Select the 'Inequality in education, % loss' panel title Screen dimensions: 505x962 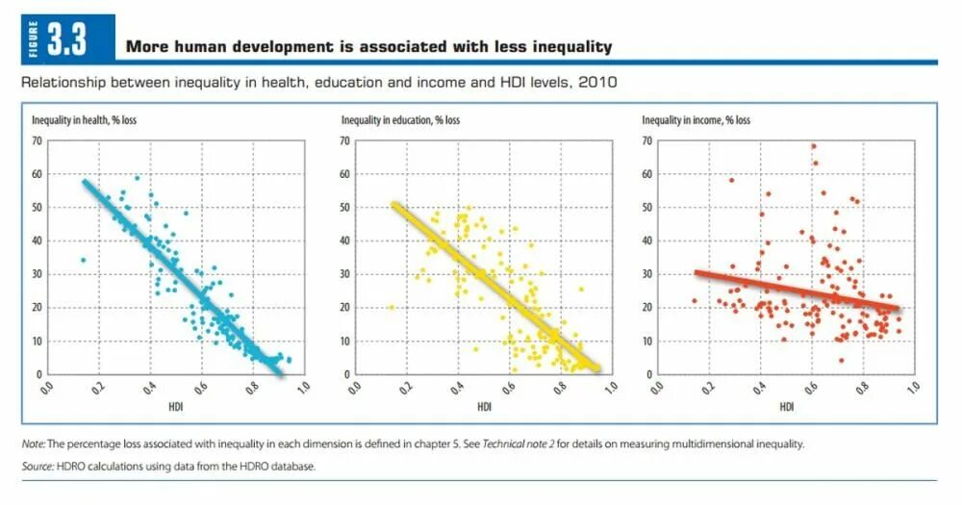click(400, 120)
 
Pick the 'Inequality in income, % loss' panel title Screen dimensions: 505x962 click(696, 120)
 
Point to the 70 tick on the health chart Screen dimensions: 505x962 click(38, 141)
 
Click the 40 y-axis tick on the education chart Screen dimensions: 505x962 click(343, 241)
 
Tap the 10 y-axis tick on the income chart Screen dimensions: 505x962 click(646, 341)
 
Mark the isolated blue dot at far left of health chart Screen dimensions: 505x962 click(84, 260)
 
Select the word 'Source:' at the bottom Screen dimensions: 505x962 click(38, 467)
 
